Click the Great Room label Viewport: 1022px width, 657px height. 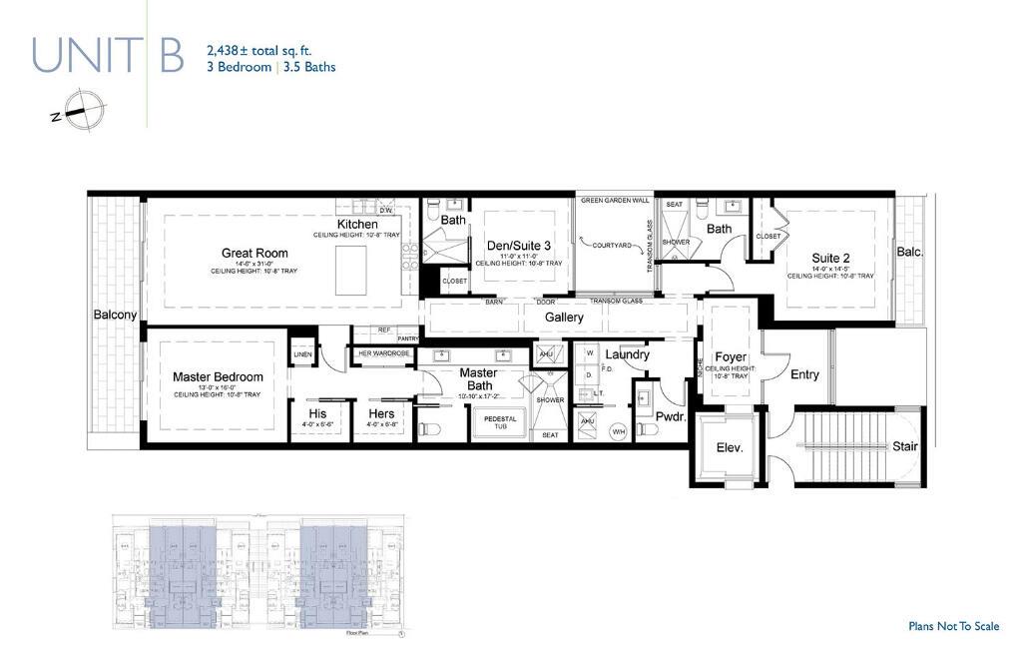point(255,253)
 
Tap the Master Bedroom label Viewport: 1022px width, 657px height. point(218,376)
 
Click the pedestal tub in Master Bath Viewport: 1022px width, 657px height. point(500,422)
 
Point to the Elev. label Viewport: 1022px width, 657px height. point(730,448)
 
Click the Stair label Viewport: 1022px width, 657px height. point(904,446)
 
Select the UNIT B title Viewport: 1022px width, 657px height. point(108,56)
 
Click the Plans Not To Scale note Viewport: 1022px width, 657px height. point(953,626)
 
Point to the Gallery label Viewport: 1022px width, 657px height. point(564,318)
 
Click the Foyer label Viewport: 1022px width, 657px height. point(731,356)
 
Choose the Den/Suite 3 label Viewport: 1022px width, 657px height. point(518,246)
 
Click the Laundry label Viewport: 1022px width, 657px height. point(627,354)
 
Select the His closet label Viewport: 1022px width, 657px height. point(317,413)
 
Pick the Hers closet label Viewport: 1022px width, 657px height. point(381,413)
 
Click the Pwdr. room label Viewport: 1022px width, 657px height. point(670,416)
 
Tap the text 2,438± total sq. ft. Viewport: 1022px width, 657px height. point(259,49)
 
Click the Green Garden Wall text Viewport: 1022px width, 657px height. point(615,200)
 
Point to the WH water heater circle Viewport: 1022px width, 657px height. point(618,431)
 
